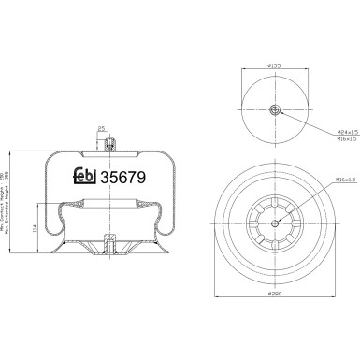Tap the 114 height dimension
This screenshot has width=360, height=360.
click(x=36, y=226)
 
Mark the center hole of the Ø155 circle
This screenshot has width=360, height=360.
click(x=275, y=110)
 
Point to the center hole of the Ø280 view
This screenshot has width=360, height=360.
click(x=275, y=221)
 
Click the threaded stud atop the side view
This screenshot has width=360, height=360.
click(x=109, y=144)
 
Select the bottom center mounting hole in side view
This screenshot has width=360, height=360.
click(x=109, y=247)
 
